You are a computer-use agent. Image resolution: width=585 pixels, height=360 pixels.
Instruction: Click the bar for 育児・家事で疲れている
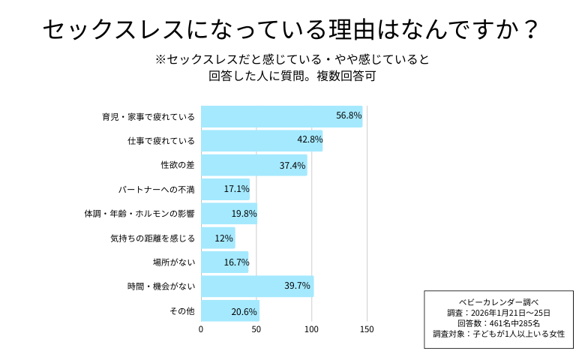(281, 116)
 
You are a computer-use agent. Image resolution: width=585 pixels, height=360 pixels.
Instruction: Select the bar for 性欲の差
(254, 165)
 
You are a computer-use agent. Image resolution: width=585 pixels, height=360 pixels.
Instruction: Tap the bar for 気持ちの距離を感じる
(218, 238)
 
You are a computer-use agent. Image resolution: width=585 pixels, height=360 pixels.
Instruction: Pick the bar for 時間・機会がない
(257, 286)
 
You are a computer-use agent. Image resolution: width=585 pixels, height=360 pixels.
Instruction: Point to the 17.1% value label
(236, 189)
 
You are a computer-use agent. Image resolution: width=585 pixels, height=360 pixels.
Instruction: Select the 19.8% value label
(244, 214)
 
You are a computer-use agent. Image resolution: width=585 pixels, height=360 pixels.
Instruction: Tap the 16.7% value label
(235, 262)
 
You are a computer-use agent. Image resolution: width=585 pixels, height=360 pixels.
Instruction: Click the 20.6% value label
(244, 311)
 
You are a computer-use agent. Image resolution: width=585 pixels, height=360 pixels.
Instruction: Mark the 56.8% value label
(349, 116)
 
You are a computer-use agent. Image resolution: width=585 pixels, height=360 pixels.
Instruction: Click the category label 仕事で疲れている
(161, 141)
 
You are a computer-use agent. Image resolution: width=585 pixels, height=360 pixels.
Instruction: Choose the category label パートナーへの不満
(157, 190)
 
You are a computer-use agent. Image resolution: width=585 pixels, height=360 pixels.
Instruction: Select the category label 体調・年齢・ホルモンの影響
(139, 214)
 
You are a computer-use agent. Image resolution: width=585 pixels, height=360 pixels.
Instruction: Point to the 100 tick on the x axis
(311, 328)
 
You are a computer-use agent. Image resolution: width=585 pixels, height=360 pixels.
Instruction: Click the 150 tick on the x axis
(367, 328)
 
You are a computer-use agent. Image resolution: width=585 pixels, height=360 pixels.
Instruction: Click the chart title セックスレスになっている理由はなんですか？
(292, 30)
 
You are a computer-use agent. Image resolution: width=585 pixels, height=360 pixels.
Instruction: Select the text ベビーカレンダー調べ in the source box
(499, 302)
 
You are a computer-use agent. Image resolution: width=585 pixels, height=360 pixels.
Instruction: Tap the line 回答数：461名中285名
(499, 322)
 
